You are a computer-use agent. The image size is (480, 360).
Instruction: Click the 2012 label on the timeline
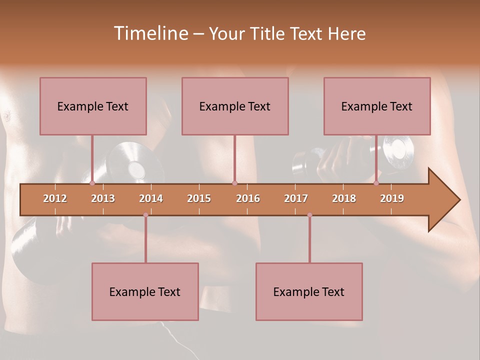(55, 198)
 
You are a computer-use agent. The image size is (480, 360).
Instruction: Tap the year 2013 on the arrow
(103, 198)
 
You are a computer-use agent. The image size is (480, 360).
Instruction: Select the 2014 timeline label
(151, 198)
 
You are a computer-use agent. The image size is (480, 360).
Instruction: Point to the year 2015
(199, 198)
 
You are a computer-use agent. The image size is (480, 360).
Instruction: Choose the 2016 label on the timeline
(248, 198)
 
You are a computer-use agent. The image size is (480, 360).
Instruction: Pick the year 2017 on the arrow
(296, 198)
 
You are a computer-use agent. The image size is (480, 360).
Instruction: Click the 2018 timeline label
(344, 198)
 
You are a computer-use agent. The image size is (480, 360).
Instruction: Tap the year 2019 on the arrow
(392, 198)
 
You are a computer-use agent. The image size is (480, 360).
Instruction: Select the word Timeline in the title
(149, 33)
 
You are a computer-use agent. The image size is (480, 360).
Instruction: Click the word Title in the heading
(269, 33)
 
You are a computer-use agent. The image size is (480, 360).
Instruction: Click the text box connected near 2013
(93, 106)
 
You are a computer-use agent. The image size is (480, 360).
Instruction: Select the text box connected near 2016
(235, 106)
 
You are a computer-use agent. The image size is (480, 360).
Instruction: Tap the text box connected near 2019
(377, 106)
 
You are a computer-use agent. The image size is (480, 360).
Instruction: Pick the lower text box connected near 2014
(145, 291)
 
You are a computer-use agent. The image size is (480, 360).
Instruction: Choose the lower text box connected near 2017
(309, 291)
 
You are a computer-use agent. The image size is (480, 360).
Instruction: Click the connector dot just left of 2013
(92, 183)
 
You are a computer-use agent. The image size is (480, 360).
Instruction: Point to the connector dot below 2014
(145, 215)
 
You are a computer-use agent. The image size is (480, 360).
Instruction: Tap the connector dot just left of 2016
(235, 183)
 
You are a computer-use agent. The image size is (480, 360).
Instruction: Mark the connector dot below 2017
(309, 215)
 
